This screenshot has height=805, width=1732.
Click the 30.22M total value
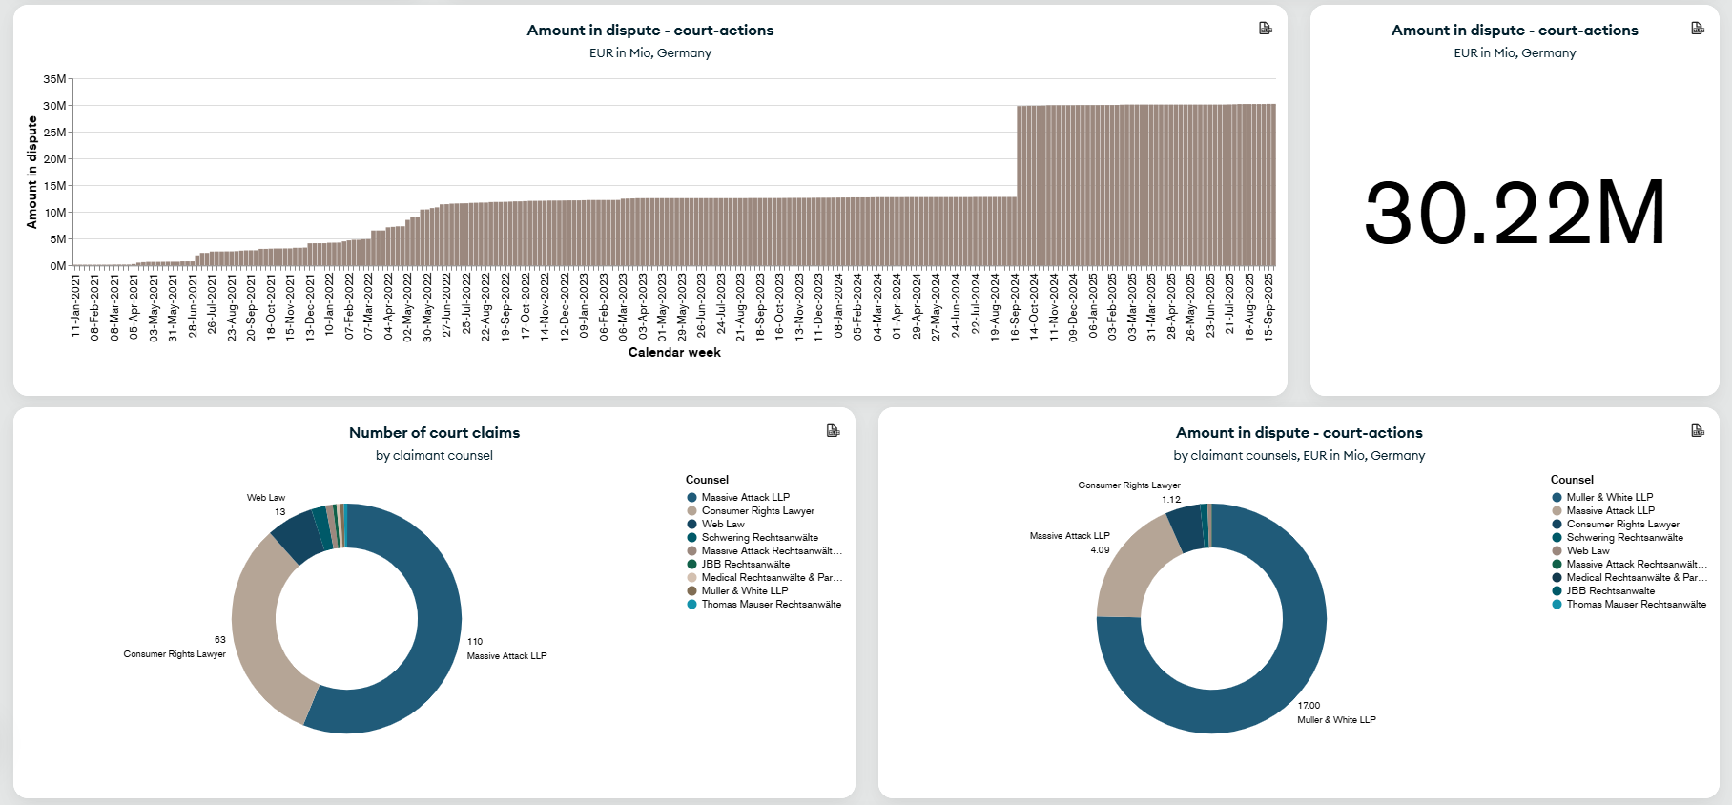[x=1515, y=213]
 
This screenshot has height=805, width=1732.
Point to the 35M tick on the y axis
[x=54, y=79]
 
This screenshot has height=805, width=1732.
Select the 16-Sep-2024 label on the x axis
[x=1015, y=307]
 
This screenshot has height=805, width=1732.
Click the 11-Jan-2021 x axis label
[x=75, y=307]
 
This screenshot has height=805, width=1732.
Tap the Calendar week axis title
[x=674, y=353]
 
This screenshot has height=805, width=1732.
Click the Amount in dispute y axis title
[x=32, y=172]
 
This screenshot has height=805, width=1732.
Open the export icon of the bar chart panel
[x=1265, y=29]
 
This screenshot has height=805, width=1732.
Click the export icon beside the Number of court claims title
[x=833, y=431]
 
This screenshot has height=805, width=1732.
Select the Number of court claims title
[x=434, y=433]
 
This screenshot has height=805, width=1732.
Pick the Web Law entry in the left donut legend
[x=723, y=524]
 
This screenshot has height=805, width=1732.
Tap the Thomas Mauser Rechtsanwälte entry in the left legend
[x=771, y=604]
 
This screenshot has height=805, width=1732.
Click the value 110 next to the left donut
[x=475, y=642]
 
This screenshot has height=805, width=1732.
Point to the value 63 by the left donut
[x=220, y=640]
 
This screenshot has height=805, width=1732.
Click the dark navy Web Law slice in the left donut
[x=298, y=537]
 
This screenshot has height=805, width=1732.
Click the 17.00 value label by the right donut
[x=1309, y=706]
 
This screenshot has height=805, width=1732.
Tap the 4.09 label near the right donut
[x=1100, y=550]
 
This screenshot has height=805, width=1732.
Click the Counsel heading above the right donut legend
[x=1572, y=480]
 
